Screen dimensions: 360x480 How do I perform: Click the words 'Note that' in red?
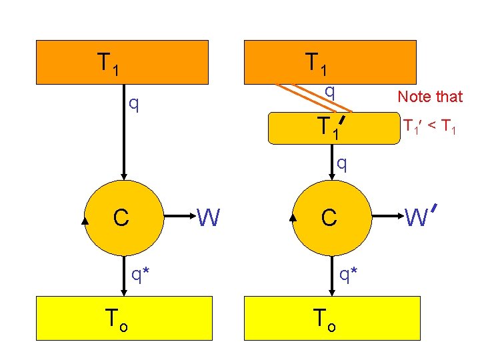pyautogui.click(x=429, y=97)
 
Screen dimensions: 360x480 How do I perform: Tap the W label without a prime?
pyautogui.click(x=208, y=217)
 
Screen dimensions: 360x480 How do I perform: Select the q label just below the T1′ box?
pyautogui.click(x=341, y=162)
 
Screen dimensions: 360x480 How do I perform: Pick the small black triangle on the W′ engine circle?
pyautogui.click(x=294, y=217)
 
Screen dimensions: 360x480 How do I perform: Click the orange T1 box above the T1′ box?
pyautogui.click(x=331, y=62)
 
